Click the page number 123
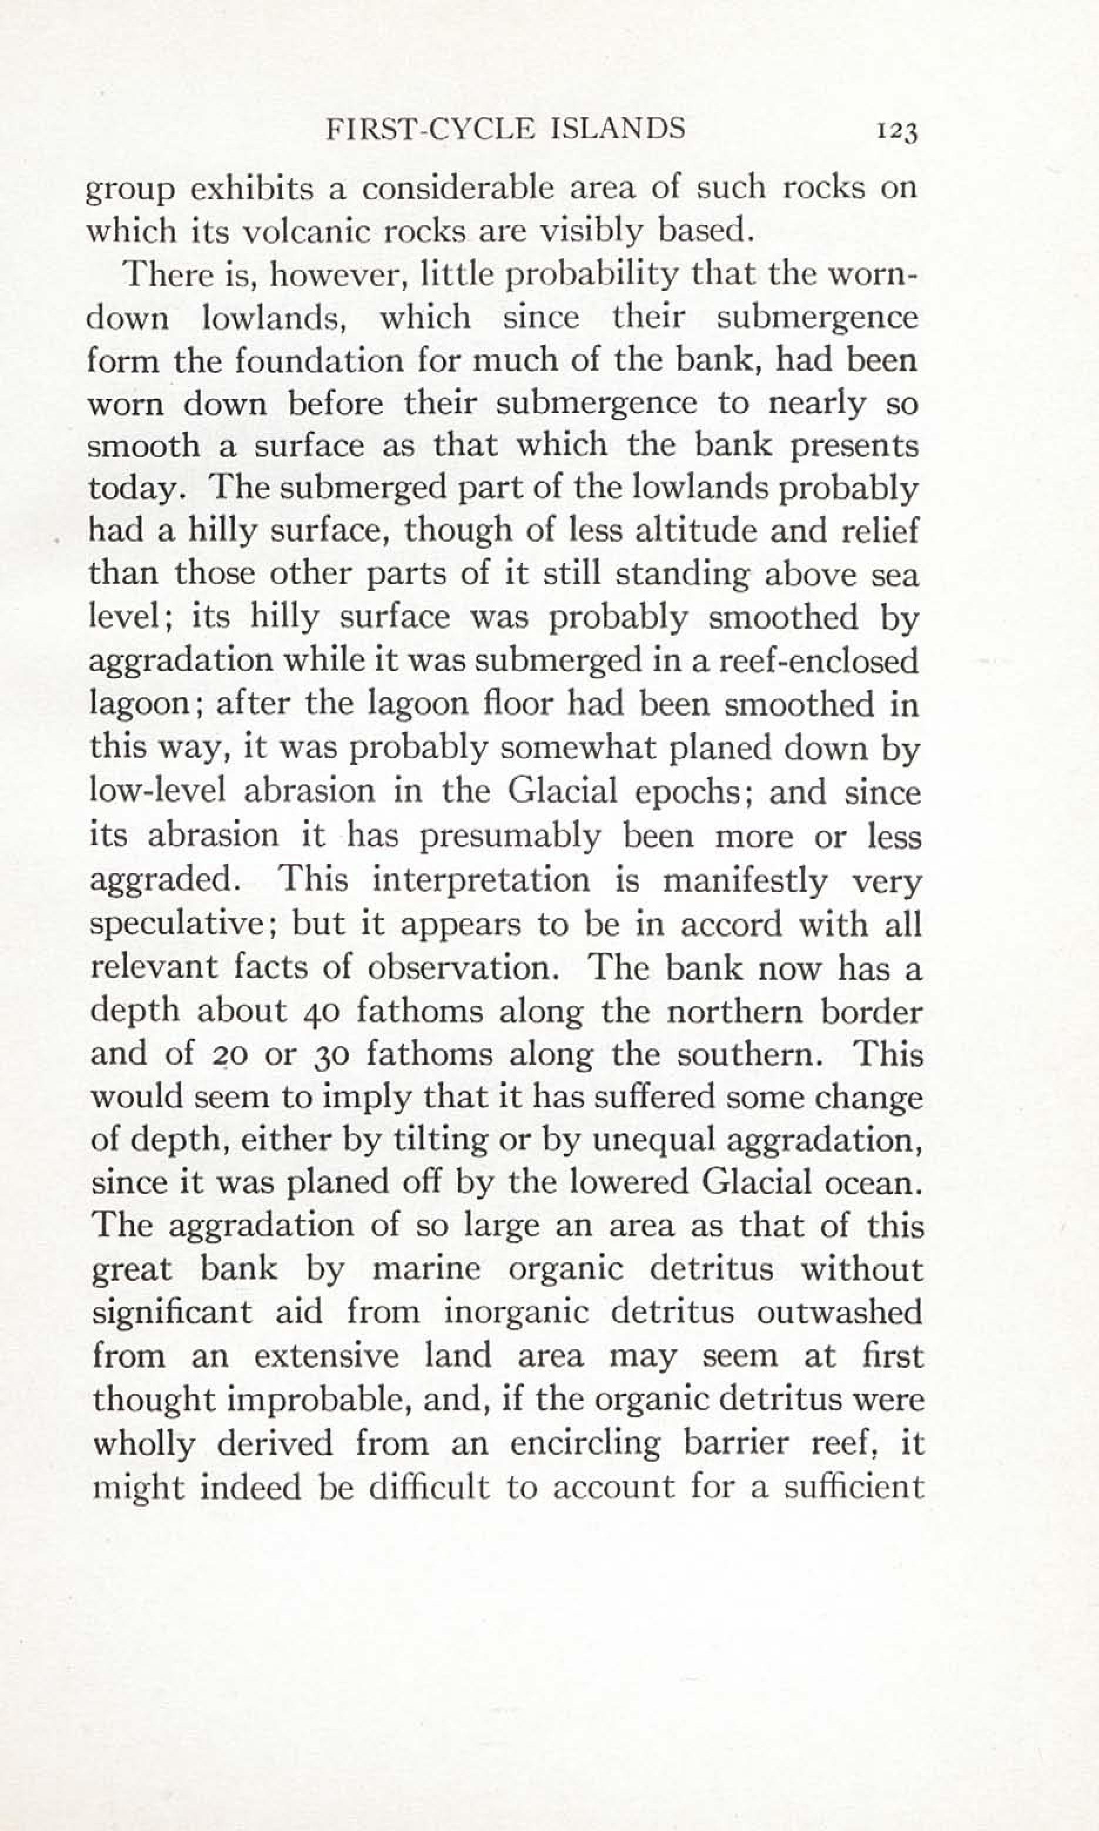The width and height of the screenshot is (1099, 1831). coord(897,132)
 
